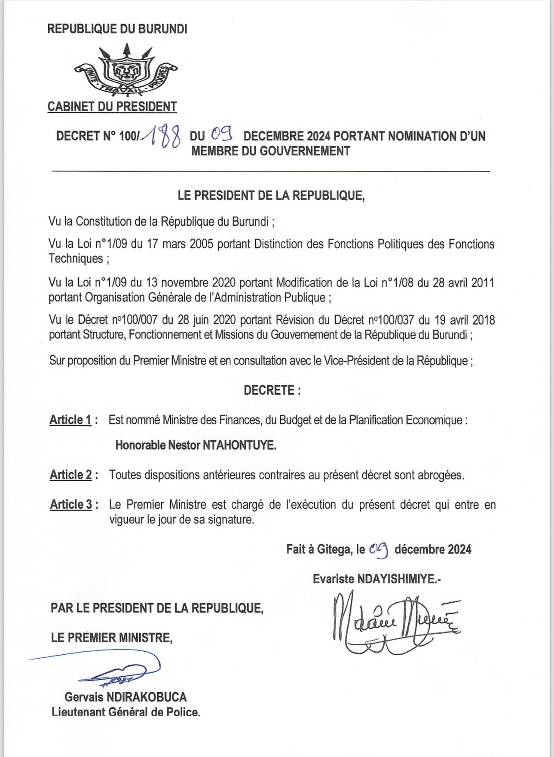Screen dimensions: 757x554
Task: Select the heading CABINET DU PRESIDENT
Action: [x=112, y=107]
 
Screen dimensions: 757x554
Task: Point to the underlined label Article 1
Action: [x=70, y=420]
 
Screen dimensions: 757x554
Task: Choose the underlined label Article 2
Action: [x=71, y=475]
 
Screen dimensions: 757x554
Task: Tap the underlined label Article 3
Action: [x=71, y=504]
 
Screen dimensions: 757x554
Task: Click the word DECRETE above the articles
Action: [x=269, y=390]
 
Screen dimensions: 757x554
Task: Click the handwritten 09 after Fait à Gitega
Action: [x=379, y=549]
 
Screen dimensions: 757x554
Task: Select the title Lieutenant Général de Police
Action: [x=126, y=712]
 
